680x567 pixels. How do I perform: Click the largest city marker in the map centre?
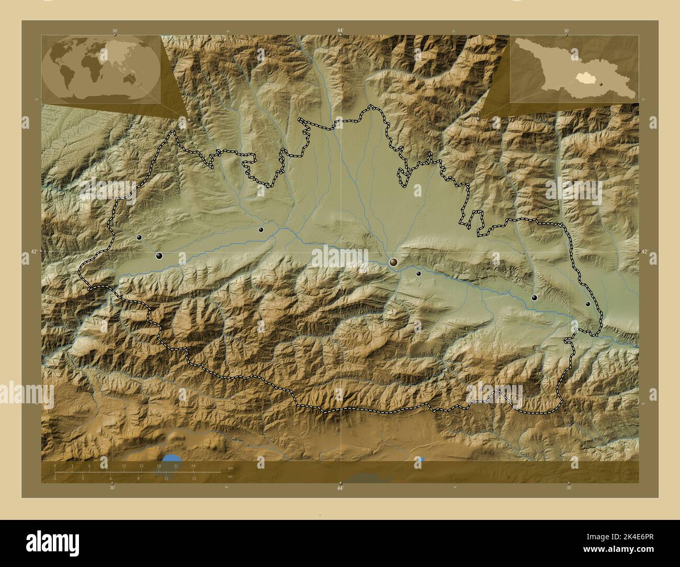pyautogui.click(x=393, y=262)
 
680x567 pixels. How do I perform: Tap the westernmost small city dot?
pyautogui.click(x=139, y=237)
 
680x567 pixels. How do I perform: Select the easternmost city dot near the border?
pyautogui.click(x=587, y=304)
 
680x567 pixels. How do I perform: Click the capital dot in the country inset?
pyautogui.click(x=602, y=84)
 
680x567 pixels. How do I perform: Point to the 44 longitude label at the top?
pyautogui.click(x=340, y=31)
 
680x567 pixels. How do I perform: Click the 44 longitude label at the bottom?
pyautogui.click(x=340, y=488)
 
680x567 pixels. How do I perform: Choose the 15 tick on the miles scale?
pyautogui.click(x=194, y=478)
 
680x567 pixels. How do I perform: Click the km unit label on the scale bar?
pyautogui.click(x=230, y=468)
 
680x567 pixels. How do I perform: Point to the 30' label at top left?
pyautogui.click(x=115, y=31)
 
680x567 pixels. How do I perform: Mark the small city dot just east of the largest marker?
pyautogui.click(x=418, y=273)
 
